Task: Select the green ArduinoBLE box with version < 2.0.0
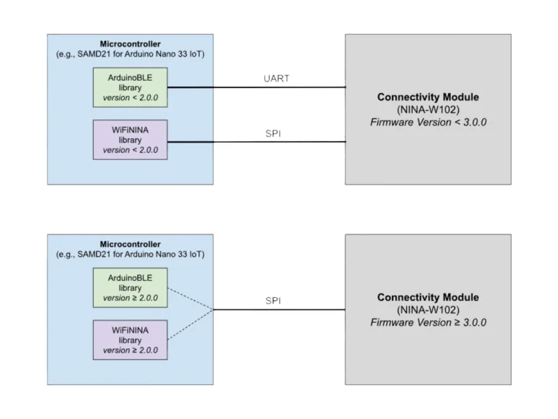coord(130,87)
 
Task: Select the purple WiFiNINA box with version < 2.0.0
coord(130,140)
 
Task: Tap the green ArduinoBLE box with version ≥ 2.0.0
coord(130,287)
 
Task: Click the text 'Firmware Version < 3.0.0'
coord(428,122)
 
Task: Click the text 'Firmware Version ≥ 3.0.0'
coord(428,322)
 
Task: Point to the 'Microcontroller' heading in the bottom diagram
coord(130,243)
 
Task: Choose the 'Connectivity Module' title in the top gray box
coord(428,97)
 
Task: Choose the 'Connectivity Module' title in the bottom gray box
coord(428,297)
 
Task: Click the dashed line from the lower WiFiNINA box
coord(191,322)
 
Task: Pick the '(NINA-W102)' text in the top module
coord(428,109)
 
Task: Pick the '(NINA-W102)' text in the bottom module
coord(428,310)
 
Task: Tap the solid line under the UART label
coord(257,88)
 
